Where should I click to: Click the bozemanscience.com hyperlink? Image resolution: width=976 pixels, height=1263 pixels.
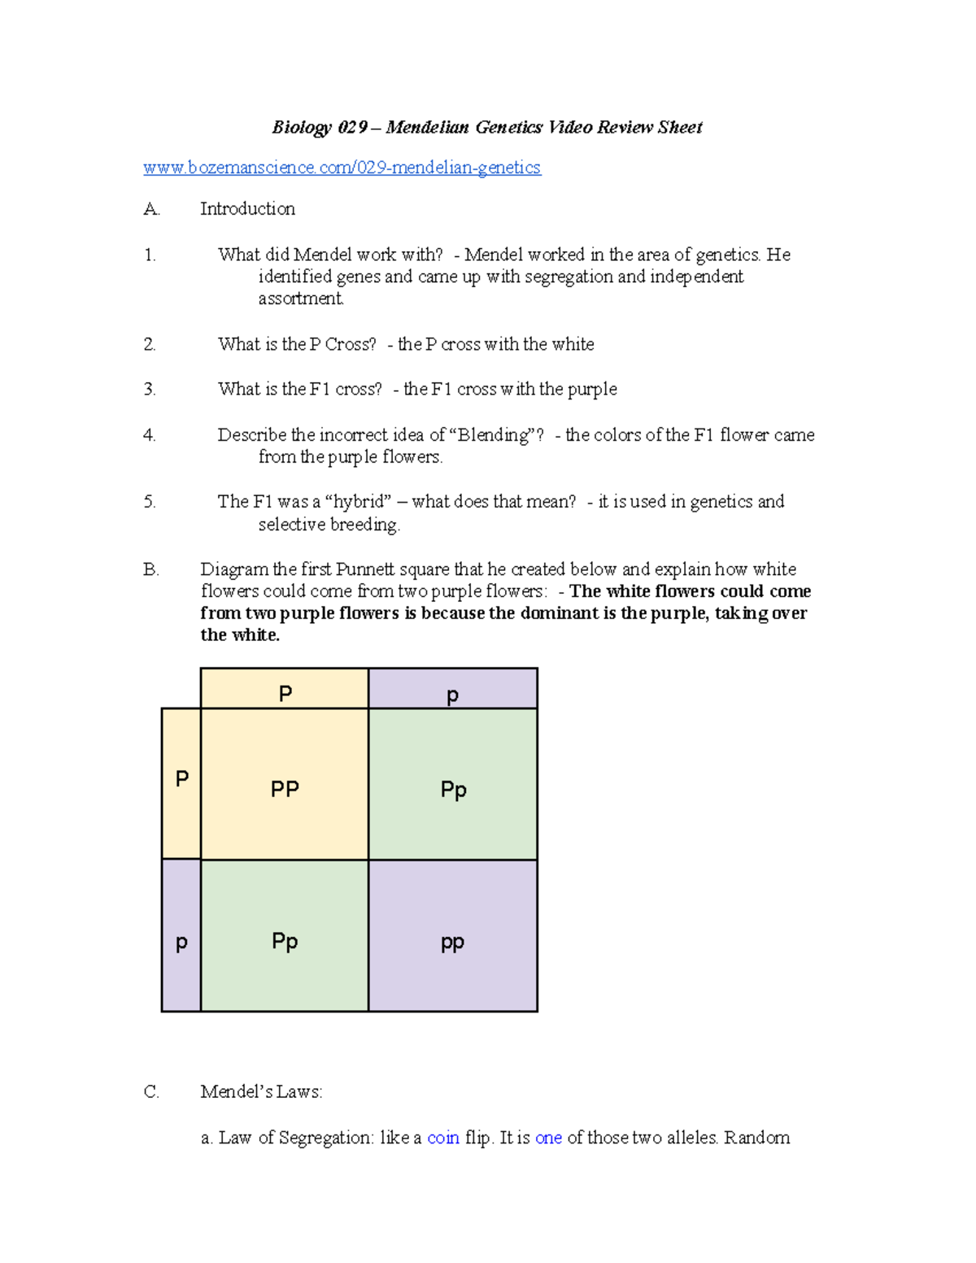point(342,168)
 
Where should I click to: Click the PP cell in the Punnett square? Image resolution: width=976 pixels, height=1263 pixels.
point(285,785)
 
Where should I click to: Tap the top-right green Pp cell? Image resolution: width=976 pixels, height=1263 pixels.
point(453,785)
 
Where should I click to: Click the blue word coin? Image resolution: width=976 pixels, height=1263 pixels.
point(443,1138)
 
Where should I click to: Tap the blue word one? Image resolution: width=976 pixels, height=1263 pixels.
point(548,1138)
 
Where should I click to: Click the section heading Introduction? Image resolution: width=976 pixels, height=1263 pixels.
point(247,209)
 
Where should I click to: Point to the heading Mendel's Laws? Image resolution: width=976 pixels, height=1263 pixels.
point(260,1092)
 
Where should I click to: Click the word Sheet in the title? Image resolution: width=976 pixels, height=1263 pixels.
point(680,128)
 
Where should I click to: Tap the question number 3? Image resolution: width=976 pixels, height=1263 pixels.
point(150,390)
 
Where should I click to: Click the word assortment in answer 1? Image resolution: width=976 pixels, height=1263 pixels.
point(301,298)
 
